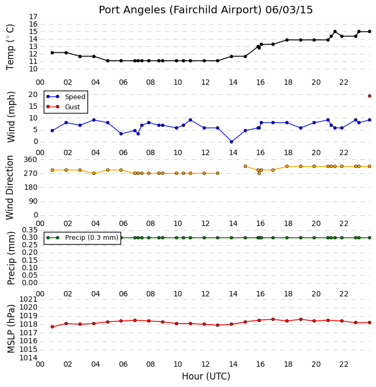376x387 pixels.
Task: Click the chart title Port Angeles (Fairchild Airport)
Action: click(x=180, y=10)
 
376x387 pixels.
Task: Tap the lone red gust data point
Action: click(x=370, y=96)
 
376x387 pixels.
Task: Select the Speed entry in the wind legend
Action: click(x=75, y=97)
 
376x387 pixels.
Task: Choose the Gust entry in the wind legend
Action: click(x=73, y=107)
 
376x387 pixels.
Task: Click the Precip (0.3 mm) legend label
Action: click(x=92, y=238)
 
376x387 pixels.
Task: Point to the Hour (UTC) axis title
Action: click(x=206, y=376)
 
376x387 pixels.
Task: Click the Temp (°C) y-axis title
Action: click(x=10, y=47)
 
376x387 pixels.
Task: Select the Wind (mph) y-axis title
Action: click(x=11, y=117)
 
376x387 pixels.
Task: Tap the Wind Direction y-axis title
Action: click(x=10, y=188)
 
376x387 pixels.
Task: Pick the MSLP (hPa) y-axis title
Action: click(x=11, y=328)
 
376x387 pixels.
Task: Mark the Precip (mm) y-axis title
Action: click(x=11, y=258)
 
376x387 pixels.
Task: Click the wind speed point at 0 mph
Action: click(x=231, y=142)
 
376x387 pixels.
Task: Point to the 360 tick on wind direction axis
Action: click(x=30, y=160)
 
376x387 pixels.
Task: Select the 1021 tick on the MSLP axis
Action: click(x=28, y=300)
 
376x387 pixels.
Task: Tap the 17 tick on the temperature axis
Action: click(x=33, y=17)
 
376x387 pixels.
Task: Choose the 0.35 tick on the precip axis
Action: click(x=30, y=230)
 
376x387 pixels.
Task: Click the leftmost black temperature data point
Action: click(x=52, y=53)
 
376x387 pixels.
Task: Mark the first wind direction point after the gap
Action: click(x=245, y=167)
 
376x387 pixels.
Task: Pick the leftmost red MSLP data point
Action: click(x=52, y=327)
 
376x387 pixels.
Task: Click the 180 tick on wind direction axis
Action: click(x=30, y=188)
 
